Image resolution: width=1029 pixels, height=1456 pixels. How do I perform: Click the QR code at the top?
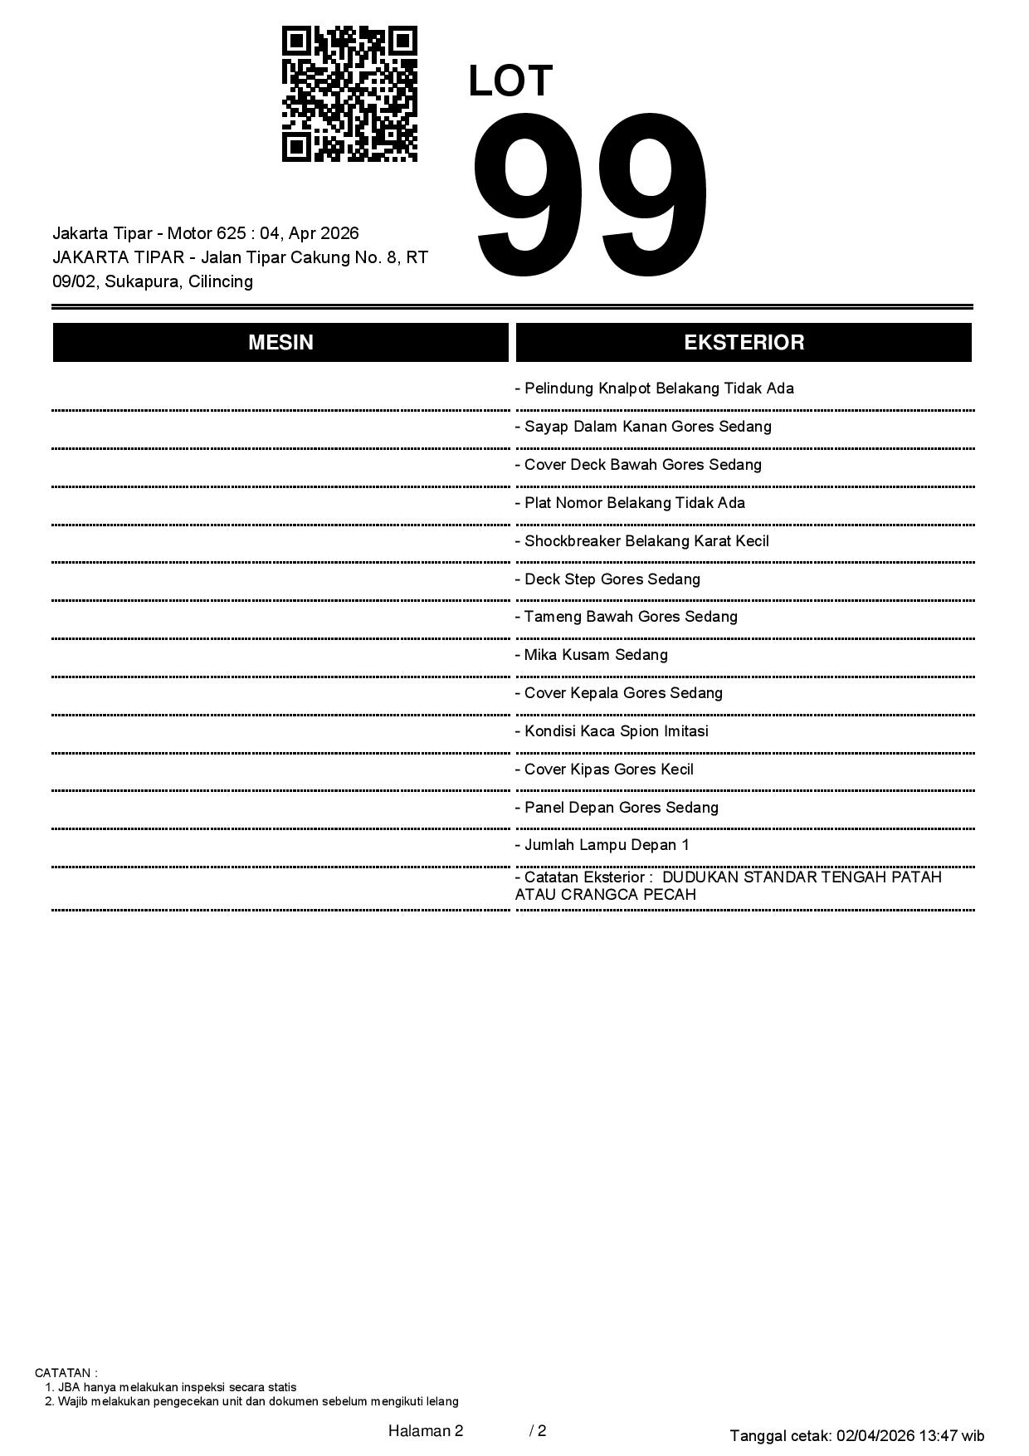349,94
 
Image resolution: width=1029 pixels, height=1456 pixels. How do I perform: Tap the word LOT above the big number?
510,81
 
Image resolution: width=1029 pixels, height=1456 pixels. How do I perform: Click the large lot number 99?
591,196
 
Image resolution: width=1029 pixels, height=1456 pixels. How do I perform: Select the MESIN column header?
280,342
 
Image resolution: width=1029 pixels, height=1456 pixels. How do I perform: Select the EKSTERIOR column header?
744,342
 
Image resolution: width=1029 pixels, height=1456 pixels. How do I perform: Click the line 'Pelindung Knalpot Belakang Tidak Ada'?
655,388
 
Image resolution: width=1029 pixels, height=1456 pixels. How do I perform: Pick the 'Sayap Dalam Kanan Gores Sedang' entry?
643,427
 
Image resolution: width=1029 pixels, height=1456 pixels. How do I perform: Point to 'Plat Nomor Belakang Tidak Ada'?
630,503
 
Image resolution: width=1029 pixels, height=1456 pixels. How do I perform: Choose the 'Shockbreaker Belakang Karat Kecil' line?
642,541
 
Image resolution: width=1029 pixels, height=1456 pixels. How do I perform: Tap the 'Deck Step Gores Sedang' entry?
607,579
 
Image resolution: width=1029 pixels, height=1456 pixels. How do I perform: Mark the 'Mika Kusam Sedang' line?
592,655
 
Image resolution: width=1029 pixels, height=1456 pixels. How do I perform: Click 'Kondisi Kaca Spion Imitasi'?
612,731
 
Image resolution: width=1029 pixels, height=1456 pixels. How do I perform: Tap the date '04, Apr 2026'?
310,233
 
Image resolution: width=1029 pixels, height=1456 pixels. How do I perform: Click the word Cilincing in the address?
221,281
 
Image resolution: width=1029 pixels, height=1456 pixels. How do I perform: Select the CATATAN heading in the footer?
66,1373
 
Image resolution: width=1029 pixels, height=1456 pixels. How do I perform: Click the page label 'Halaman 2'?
426,1430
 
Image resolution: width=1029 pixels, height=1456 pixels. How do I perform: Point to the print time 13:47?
938,1435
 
